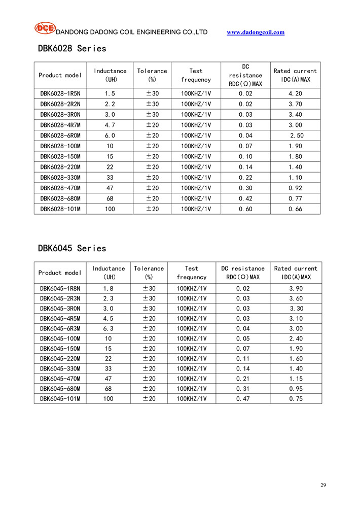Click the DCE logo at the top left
pyautogui.click(x=45, y=28)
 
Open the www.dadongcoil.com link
pyautogui.click(x=256, y=32)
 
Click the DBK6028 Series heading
pyautogui.click(x=72, y=49)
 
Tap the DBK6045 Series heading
pyautogui.click(x=72, y=248)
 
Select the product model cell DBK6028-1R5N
pyautogui.click(x=60, y=93)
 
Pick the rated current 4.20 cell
pyautogui.click(x=295, y=93)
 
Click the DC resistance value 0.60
pyautogui.click(x=245, y=209)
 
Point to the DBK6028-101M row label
pyautogui.click(x=60, y=209)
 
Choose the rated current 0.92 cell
pyautogui.click(x=295, y=188)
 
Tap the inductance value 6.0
pyautogui.click(x=110, y=135)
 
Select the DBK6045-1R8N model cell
pyautogui.click(x=60, y=288)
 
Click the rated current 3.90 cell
pyautogui.click(x=296, y=288)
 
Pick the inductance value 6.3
pyautogui.click(x=109, y=328)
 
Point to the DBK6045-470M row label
pyautogui.click(x=60, y=379)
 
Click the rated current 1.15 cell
pyautogui.click(x=296, y=379)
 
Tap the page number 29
pyautogui.click(x=323, y=486)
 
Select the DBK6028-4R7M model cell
pyautogui.click(x=60, y=125)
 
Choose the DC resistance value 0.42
pyautogui.click(x=245, y=198)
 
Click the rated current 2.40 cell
pyautogui.click(x=296, y=338)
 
